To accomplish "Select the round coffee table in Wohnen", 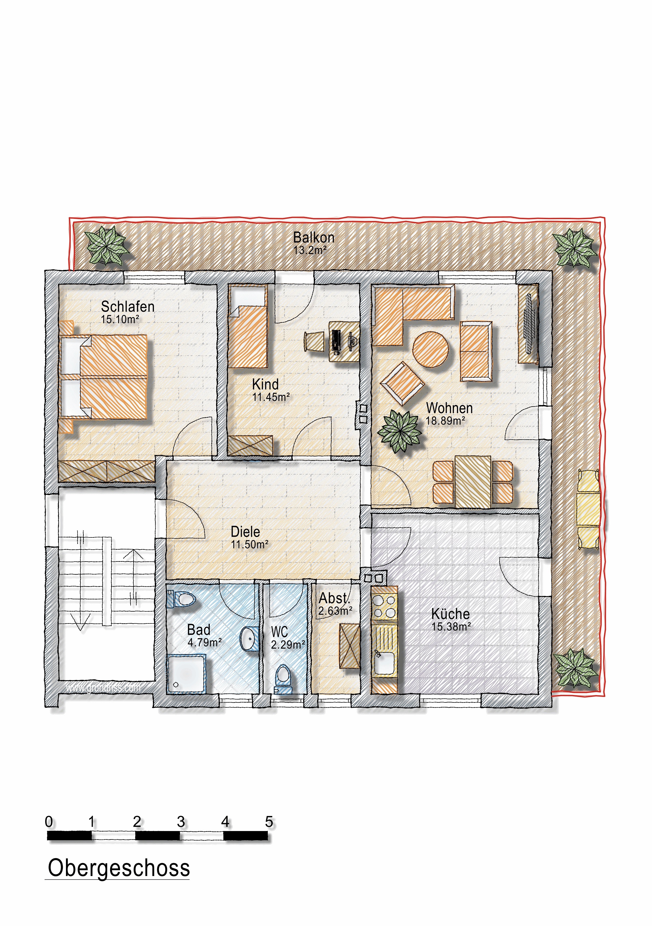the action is coord(430,349).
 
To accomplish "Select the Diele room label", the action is coord(245,532).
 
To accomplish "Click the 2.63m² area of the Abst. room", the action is coord(335,611).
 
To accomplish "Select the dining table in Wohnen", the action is coord(473,482).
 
